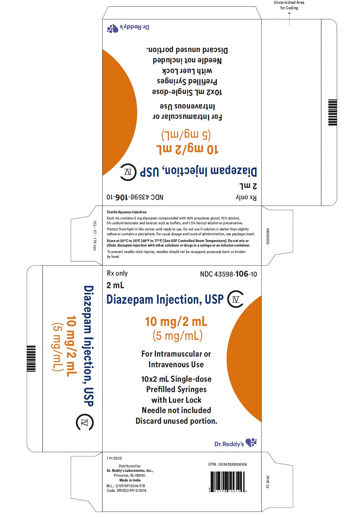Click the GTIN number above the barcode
pos(228,464)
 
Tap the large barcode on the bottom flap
pos(227,481)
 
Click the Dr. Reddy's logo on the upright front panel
pos(236,443)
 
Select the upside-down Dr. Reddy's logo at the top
pos(128,28)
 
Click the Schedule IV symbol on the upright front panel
pos(236,299)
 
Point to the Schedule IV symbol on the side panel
pos(85,422)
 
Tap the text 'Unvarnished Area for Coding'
pos(289,5)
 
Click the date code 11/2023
pos(114,458)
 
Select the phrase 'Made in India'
pos(130,480)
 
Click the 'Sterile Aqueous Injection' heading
pos(126,212)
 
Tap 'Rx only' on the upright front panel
pos(117,273)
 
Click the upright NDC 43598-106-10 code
pos(228,274)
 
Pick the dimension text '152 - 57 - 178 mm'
pos(95,236)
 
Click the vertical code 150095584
pos(268,236)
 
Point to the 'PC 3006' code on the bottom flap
pos(268,482)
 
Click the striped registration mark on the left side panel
pos(31,359)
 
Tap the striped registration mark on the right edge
pos(332,113)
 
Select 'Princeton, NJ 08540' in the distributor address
pos(130,475)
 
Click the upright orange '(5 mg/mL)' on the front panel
pos(177,336)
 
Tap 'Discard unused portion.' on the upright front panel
pos(176,421)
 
